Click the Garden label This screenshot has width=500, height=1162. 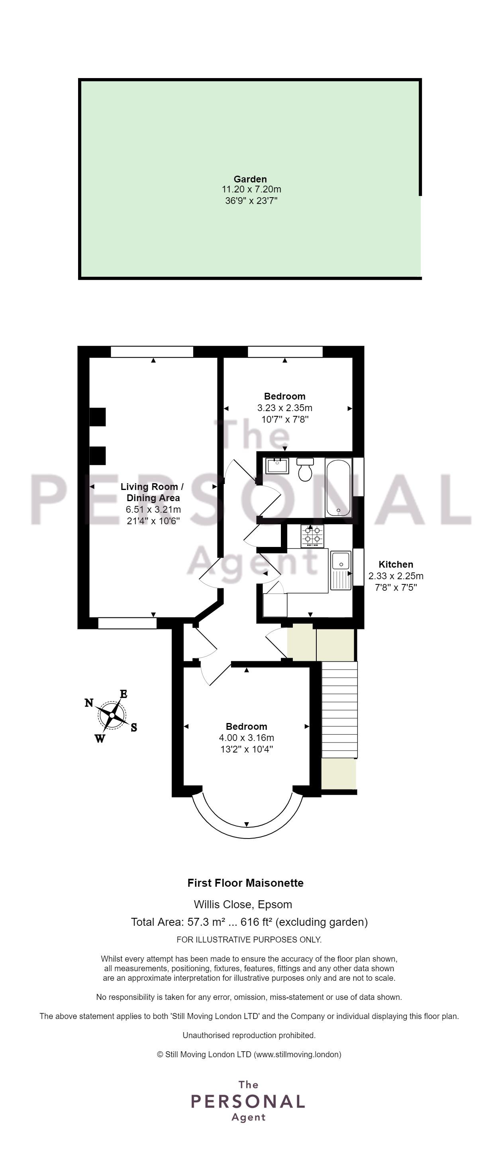point(250,179)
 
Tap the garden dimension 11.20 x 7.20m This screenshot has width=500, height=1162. point(251,190)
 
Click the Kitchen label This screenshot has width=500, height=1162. point(396,564)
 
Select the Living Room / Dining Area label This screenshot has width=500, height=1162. point(153,492)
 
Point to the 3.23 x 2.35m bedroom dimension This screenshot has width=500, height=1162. point(285,408)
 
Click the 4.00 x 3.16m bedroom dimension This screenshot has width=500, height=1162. point(246,738)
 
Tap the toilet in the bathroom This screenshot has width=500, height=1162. point(306,469)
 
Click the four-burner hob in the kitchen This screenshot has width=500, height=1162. point(312,536)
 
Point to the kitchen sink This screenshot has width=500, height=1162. point(341,570)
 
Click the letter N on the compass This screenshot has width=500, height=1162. point(89,702)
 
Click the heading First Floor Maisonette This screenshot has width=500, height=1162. point(245,883)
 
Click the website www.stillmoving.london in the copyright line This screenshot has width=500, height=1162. point(297,1054)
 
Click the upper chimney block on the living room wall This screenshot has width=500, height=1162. point(98,417)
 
